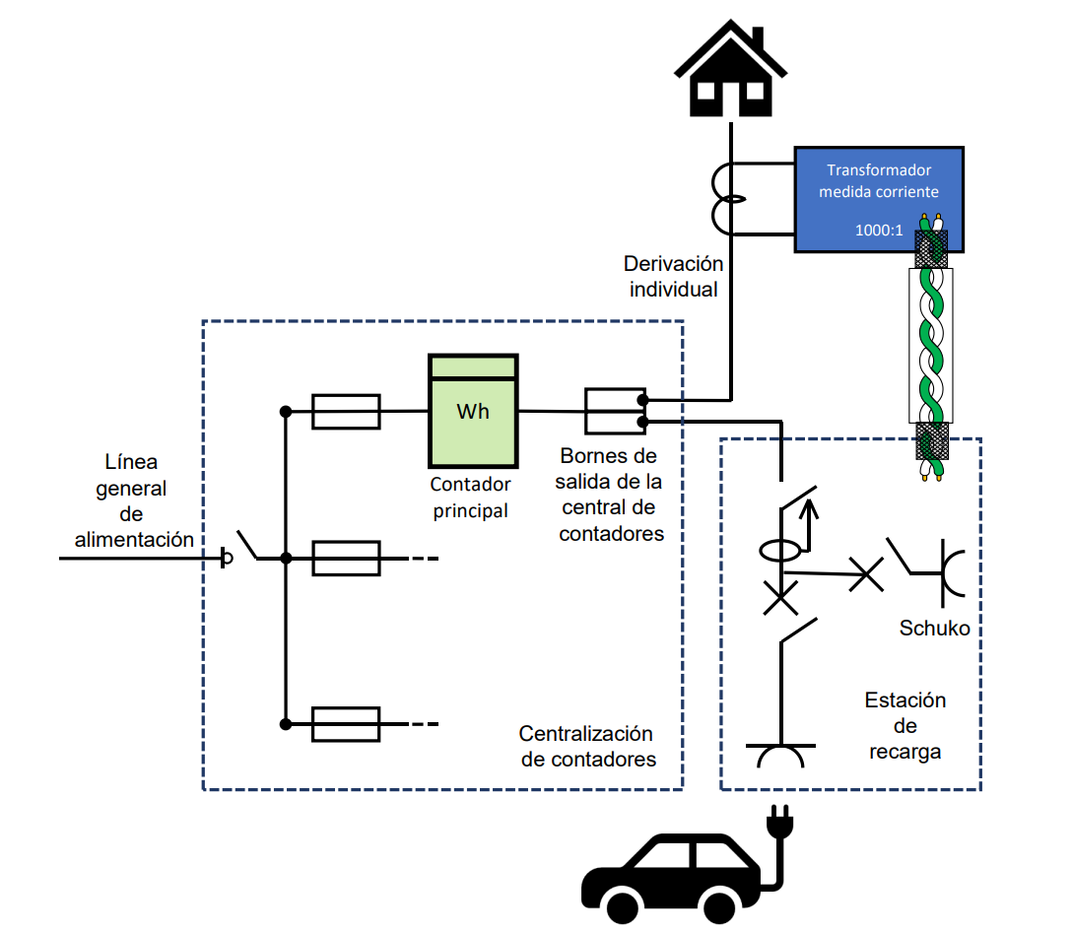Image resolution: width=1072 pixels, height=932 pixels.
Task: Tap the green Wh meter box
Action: click(x=473, y=410)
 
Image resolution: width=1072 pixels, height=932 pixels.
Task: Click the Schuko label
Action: click(x=934, y=628)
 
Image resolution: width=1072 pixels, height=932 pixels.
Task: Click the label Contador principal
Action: click(x=471, y=498)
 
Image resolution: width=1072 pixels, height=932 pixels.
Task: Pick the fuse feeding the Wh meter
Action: click(x=346, y=412)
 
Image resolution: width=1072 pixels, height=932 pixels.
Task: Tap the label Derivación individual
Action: click(x=674, y=277)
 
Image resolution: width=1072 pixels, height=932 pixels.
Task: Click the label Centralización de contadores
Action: click(x=586, y=747)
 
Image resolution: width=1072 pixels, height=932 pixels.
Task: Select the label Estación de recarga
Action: click(x=905, y=726)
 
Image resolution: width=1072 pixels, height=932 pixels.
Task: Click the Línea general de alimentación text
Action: click(x=134, y=500)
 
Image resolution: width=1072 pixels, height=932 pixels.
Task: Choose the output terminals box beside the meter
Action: click(x=614, y=411)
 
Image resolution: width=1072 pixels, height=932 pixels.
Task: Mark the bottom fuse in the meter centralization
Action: click(x=346, y=724)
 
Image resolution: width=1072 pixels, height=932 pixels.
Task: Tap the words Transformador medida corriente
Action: click(x=879, y=180)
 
